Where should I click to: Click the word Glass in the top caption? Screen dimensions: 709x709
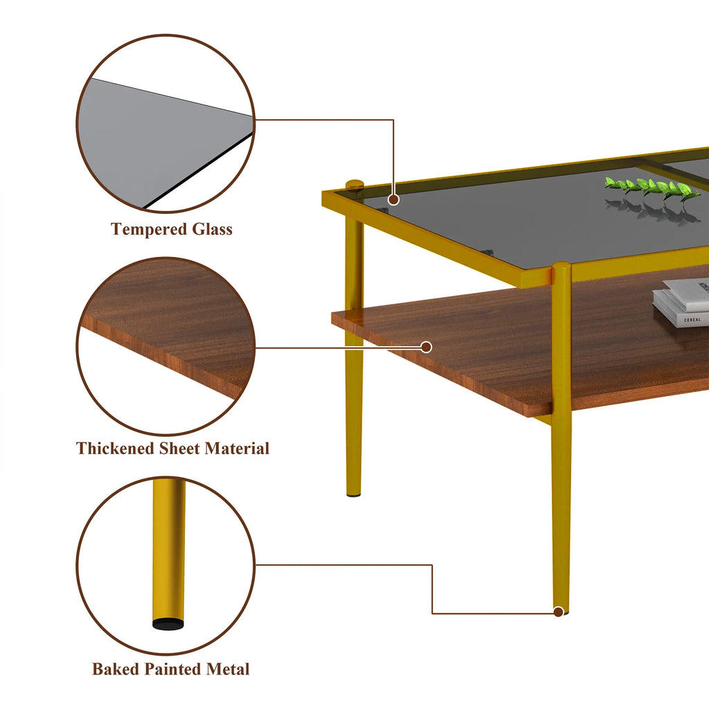[210, 229]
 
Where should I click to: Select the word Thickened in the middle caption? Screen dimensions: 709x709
[116, 449]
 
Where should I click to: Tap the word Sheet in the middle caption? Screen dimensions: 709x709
[180, 449]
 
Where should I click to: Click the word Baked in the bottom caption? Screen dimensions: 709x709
[116, 670]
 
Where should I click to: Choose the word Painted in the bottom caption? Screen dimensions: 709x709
[173, 670]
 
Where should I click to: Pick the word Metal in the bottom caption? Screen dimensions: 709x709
[228, 670]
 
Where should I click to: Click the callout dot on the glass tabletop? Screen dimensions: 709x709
[393, 199]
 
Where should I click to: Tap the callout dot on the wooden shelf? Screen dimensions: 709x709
[427, 347]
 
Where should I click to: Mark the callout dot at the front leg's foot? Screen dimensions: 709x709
[559, 611]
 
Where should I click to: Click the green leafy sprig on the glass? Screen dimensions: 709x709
[651, 188]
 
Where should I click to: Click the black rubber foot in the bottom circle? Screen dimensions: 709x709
[169, 622]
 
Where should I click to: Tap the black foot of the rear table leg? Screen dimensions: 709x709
[354, 496]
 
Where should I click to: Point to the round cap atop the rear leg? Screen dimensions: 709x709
[354, 184]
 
